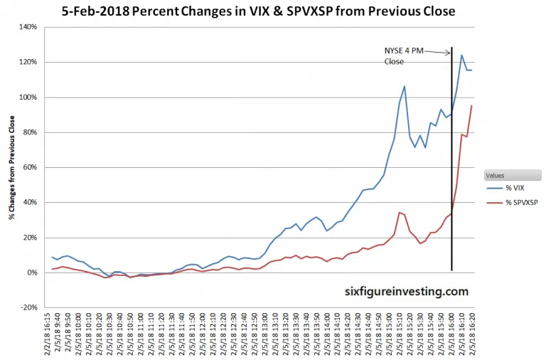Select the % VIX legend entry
511,189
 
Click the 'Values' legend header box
511,175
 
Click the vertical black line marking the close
452,178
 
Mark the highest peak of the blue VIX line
462,55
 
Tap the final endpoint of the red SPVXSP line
472,106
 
